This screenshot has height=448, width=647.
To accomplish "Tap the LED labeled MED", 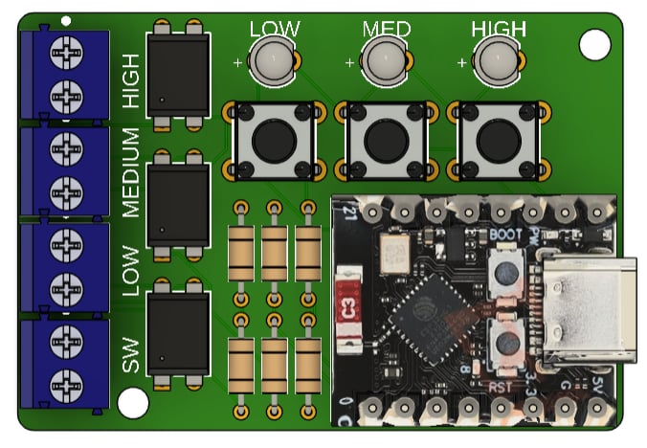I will point(385,63).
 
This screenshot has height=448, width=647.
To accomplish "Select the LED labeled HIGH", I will point(498,63).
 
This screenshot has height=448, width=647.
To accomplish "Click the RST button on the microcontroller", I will point(503,342).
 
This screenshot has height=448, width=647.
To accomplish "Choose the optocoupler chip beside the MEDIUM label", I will point(178,203).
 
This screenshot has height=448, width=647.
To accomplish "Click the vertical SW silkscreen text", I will point(131,354).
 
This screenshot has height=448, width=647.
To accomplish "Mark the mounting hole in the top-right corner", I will point(594,42).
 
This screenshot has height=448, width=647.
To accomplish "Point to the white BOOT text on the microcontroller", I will point(505,233).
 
